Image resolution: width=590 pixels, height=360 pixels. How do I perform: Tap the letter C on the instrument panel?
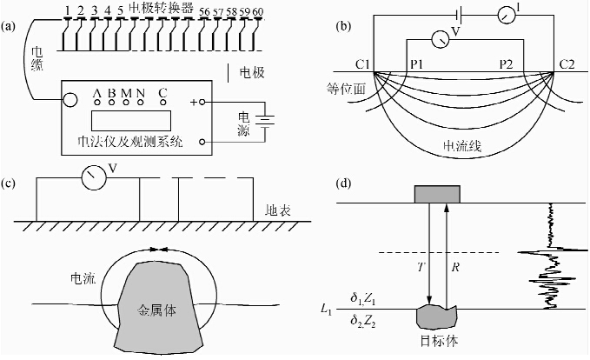coord(162,93)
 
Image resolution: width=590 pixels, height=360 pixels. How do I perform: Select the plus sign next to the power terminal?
coord(192,103)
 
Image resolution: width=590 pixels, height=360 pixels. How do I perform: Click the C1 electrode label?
coord(362,64)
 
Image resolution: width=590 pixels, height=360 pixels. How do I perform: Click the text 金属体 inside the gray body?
coord(157,309)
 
